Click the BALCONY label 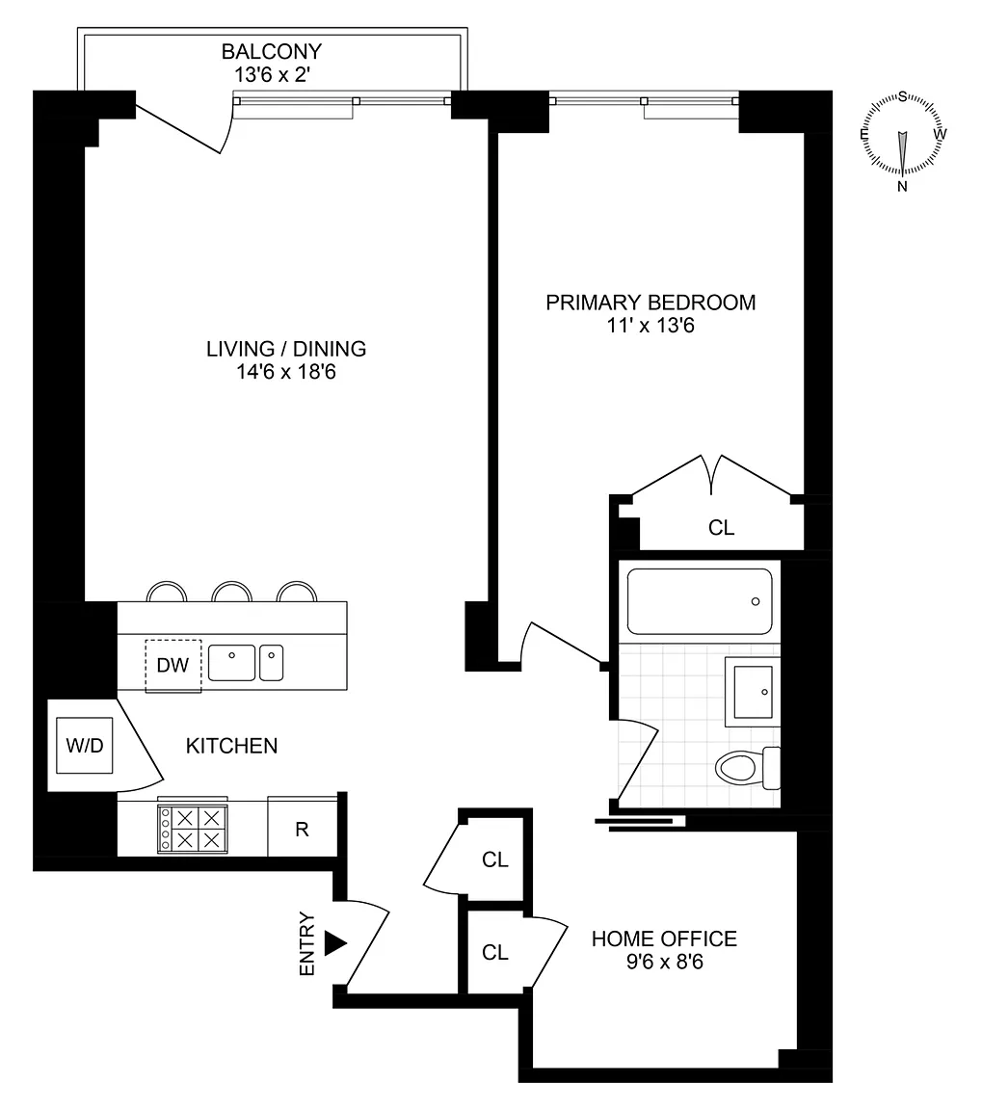click(x=271, y=51)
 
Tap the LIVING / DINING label click(x=286, y=348)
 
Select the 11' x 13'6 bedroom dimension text click(x=650, y=326)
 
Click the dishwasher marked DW click(x=173, y=665)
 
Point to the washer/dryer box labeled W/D click(x=84, y=745)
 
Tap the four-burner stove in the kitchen click(x=193, y=829)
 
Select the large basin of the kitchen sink click(x=231, y=663)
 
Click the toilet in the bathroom click(x=748, y=767)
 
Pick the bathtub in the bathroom click(x=700, y=601)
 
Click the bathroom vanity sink click(x=753, y=691)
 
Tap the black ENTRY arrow click(x=335, y=943)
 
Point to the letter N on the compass click(x=902, y=186)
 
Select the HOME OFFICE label click(x=664, y=938)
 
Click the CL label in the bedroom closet click(x=722, y=527)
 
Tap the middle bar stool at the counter click(x=232, y=592)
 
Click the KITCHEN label click(x=231, y=746)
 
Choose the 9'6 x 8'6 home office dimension click(x=665, y=962)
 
